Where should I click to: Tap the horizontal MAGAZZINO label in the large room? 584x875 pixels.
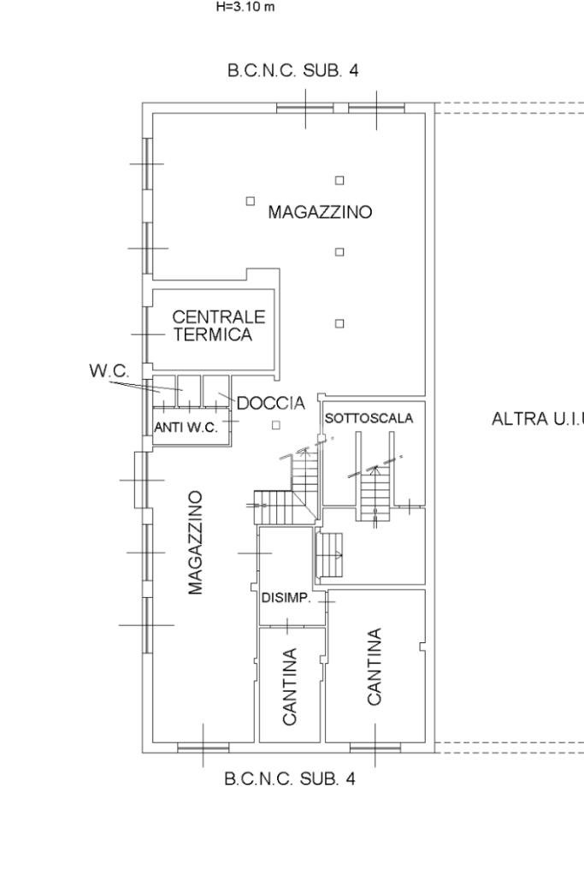click(x=320, y=212)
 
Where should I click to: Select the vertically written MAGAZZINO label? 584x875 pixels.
click(x=196, y=542)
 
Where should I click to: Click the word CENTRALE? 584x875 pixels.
click(x=219, y=317)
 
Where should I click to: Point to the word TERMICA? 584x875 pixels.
click(x=214, y=334)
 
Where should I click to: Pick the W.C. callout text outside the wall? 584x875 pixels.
click(x=109, y=371)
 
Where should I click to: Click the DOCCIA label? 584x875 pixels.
click(x=270, y=403)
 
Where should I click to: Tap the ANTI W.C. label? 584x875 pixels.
click(x=186, y=429)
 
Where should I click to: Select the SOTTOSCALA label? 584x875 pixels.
click(x=369, y=418)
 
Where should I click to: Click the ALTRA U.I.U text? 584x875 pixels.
click(x=538, y=419)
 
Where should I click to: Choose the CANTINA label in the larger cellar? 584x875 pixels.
click(x=375, y=667)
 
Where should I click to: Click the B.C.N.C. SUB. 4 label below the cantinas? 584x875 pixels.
click(x=289, y=779)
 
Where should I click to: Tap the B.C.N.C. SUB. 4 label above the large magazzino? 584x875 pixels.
click(x=293, y=71)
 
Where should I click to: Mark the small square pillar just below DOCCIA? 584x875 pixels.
click(x=275, y=425)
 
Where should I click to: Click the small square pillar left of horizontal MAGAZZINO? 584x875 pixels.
click(x=250, y=201)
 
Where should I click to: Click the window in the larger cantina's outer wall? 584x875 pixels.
click(x=375, y=748)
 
